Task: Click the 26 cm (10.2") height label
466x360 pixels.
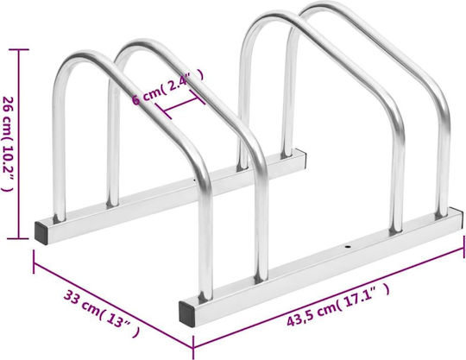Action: [9, 144]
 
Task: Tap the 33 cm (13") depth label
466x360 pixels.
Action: [102, 313]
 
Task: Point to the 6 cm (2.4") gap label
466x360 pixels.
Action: [168, 87]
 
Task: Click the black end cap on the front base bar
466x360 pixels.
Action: [187, 313]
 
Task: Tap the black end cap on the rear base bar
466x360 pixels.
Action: [41, 233]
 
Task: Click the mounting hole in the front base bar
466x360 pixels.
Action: [347, 246]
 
